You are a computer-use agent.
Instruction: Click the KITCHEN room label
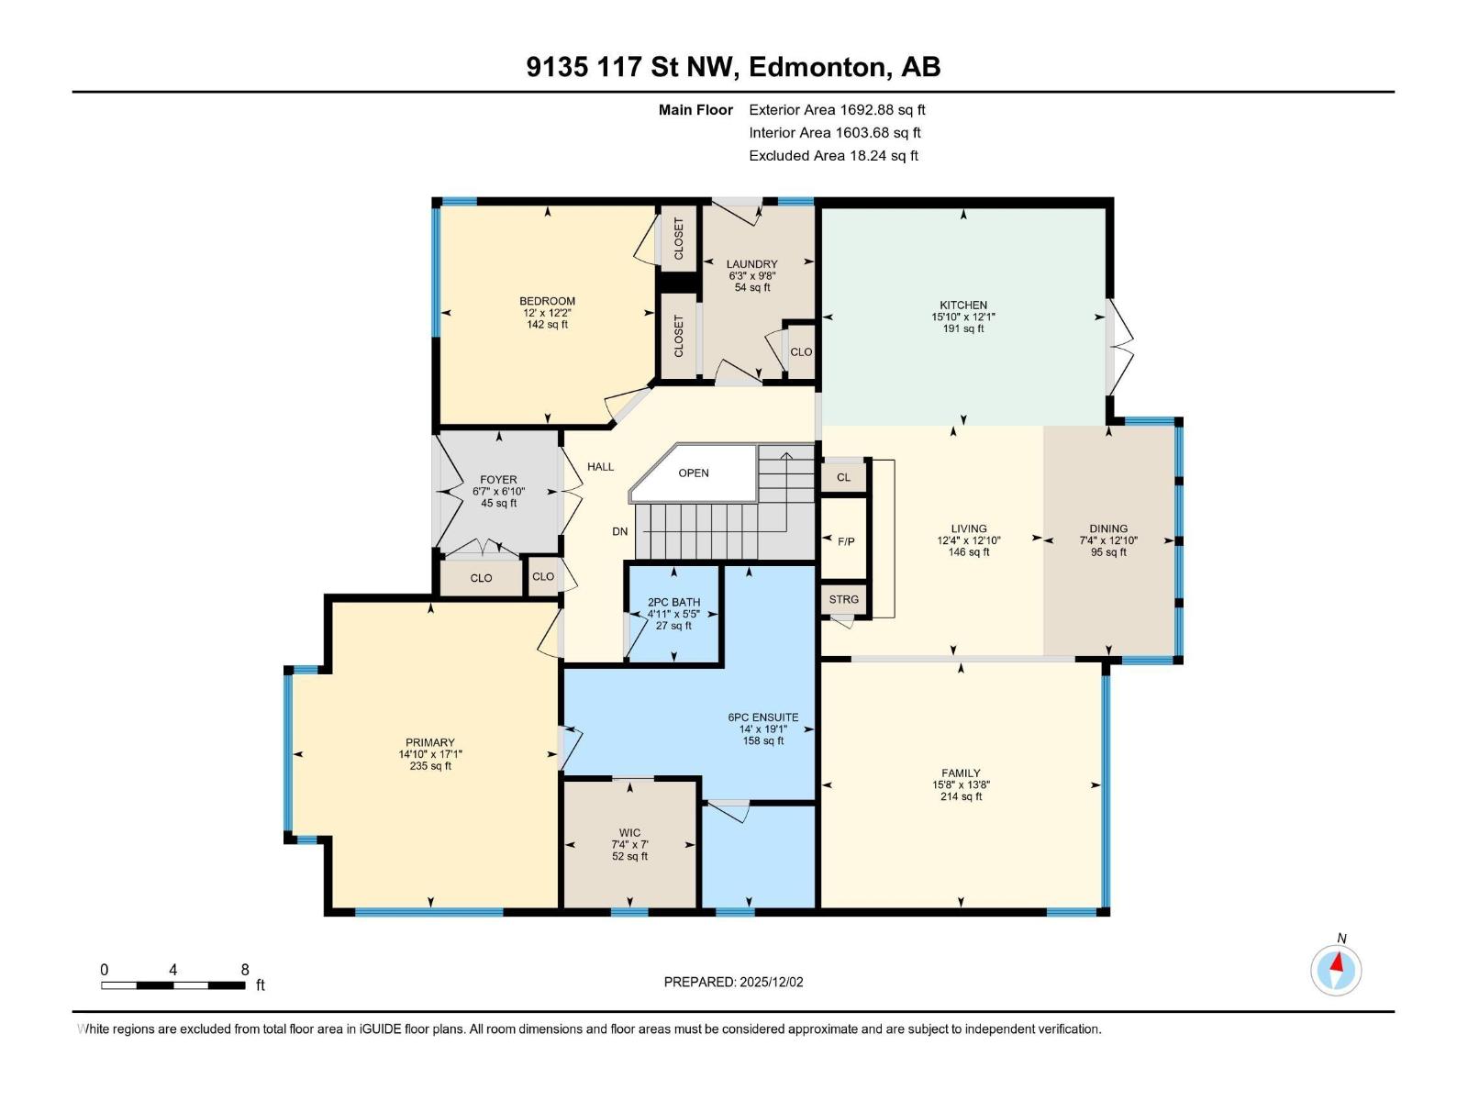[962, 306]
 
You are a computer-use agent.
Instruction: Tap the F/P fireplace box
[845, 541]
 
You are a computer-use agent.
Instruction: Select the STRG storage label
[843, 599]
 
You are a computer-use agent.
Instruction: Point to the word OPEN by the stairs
[694, 473]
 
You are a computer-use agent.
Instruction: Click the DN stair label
[620, 531]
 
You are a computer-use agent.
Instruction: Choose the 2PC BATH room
[673, 613]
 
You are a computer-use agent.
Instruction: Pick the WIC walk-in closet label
[629, 833]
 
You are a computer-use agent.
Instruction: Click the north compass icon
[1336, 970]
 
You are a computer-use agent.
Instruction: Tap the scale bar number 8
[245, 970]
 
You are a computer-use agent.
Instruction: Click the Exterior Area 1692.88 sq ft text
[837, 110]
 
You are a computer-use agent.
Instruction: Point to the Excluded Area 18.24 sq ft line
[833, 156]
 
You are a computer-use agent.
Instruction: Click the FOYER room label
[498, 480]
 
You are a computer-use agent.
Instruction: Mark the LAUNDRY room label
[751, 264]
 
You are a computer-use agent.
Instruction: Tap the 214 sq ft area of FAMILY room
[961, 796]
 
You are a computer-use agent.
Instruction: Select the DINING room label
[1107, 528]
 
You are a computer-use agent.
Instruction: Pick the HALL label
[600, 467]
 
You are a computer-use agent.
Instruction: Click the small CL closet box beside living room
[843, 477]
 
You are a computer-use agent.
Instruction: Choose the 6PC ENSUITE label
[762, 717]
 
